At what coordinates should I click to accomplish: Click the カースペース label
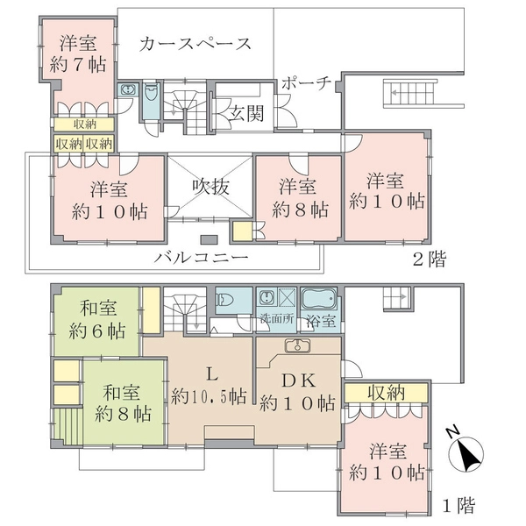coord(195,45)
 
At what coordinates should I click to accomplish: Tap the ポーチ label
coord(306,82)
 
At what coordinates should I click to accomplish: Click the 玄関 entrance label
coord(246,113)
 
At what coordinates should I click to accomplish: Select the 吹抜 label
coord(211,187)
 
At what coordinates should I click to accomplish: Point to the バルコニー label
coord(202,258)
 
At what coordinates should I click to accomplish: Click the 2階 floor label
coord(430,259)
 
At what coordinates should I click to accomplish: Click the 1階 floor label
coord(458,506)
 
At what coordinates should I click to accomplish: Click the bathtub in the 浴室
coord(319,298)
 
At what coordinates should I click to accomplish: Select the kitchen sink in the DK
coord(297,345)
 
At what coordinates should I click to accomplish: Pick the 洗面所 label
coord(277,319)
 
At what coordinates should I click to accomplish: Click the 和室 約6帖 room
coord(97,321)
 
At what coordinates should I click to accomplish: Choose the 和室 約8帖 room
coord(124,402)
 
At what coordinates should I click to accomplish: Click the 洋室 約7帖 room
coord(78,53)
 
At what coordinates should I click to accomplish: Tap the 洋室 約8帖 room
coord(299,198)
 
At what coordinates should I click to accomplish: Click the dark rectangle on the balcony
coord(209,239)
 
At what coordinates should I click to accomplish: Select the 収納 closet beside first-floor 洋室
coord(386,393)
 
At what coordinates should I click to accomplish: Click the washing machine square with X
coord(287,297)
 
